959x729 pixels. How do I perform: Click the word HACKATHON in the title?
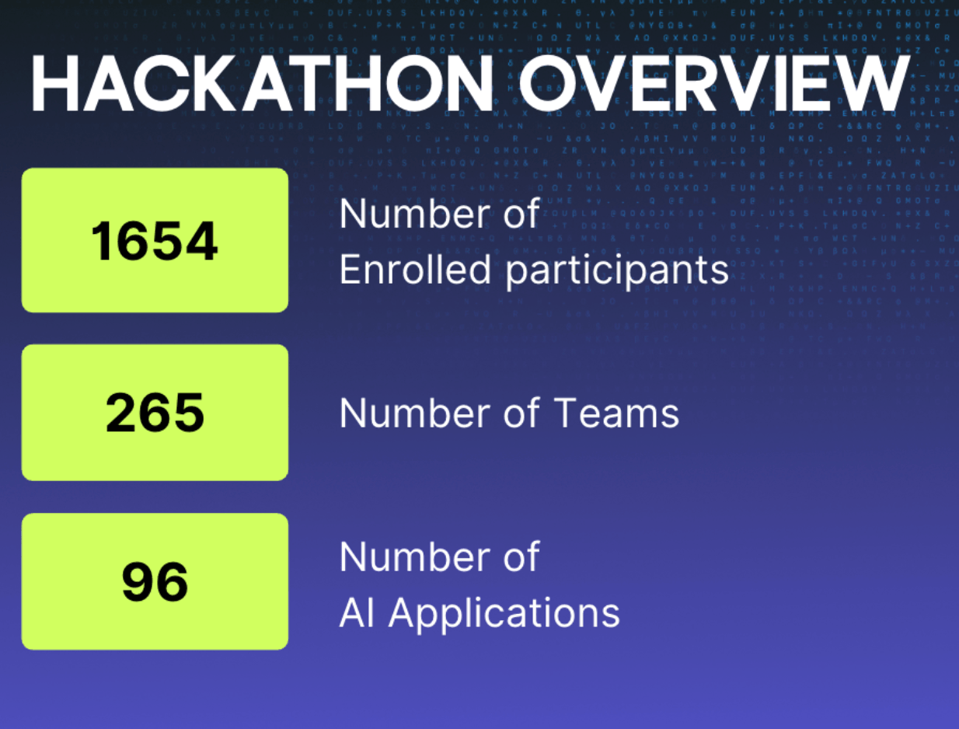click(260, 83)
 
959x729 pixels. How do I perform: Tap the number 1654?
click(155, 241)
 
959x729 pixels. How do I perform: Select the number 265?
click(155, 413)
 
